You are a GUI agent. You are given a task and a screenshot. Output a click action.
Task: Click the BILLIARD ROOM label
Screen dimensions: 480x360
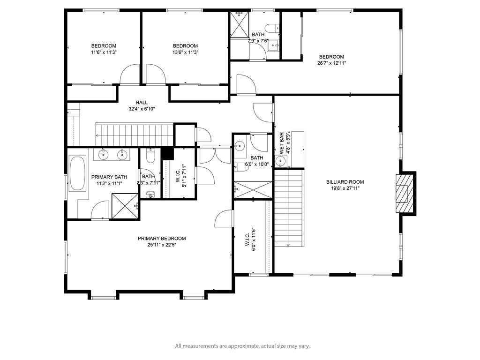[345, 182]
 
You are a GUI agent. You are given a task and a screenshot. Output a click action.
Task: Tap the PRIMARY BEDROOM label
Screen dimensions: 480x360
[162, 239]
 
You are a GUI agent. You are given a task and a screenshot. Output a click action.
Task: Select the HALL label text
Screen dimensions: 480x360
[142, 103]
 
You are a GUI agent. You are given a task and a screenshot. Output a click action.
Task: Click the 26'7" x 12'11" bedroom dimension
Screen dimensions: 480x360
[331, 63]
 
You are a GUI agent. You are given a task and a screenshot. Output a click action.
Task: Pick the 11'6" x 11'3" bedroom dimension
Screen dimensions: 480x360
[104, 52]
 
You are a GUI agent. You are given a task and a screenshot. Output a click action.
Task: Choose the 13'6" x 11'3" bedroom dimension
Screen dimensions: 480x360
[185, 52]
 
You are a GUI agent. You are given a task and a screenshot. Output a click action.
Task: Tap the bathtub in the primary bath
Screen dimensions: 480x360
[77, 174]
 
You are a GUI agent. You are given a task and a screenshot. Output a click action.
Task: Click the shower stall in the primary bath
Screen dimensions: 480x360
[125, 206]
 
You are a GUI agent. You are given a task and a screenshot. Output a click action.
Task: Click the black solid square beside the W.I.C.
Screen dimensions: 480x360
[167, 153]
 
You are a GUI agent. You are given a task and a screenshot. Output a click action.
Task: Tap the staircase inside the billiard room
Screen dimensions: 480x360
[289, 208]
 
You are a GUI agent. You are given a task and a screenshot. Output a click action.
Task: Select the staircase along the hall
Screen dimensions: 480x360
[135, 135]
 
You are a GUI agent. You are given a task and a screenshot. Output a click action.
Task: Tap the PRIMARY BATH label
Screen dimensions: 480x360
[109, 177]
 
